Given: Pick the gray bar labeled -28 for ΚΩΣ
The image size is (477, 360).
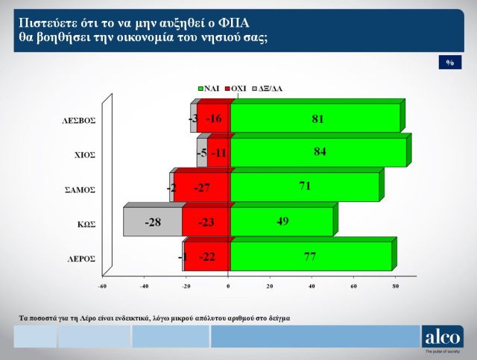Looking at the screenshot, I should pyautogui.click(x=152, y=222).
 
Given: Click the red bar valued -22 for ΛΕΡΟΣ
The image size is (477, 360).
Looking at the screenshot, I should pyautogui.click(x=207, y=257).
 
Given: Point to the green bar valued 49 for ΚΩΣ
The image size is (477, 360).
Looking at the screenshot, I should pyautogui.click(x=282, y=222).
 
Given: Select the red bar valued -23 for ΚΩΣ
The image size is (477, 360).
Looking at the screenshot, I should pyautogui.click(x=206, y=222).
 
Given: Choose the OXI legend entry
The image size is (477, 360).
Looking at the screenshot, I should pyautogui.click(x=237, y=88).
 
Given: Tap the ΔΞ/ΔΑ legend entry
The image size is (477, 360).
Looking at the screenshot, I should pyautogui.click(x=267, y=88).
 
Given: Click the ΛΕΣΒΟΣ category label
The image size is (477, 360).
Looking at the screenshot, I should pyautogui.click(x=80, y=119).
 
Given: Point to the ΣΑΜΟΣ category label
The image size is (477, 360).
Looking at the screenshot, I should pyautogui.click(x=80, y=189).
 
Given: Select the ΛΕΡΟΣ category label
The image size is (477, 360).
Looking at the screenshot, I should pyautogui.click(x=80, y=259).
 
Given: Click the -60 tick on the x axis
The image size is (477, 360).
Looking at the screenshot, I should pyautogui.click(x=103, y=285).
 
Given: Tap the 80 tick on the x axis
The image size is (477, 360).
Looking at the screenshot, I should pyautogui.click(x=396, y=285).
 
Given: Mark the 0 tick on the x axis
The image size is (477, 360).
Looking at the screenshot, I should pyautogui.click(x=229, y=285).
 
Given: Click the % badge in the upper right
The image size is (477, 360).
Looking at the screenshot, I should pyautogui.click(x=450, y=63).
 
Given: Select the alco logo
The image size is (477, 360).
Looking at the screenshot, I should pyautogui.click(x=443, y=337).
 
